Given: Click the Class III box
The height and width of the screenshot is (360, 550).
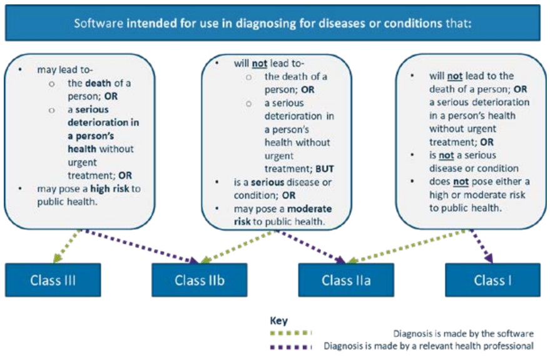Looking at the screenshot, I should [x=53, y=280].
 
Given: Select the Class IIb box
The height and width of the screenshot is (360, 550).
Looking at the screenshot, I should [x=199, y=280].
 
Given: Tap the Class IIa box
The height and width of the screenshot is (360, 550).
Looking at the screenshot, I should [x=345, y=280].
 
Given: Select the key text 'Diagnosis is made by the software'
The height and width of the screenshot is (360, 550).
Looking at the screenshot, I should [x=463, y=333].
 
